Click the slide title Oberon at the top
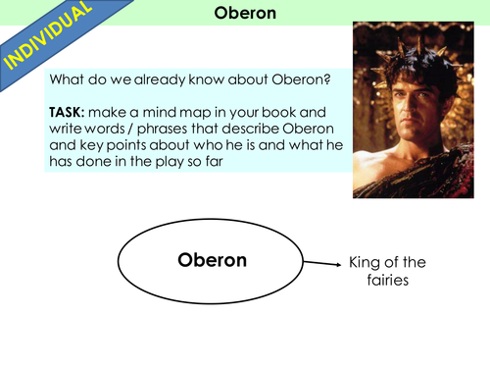point(244,14)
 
